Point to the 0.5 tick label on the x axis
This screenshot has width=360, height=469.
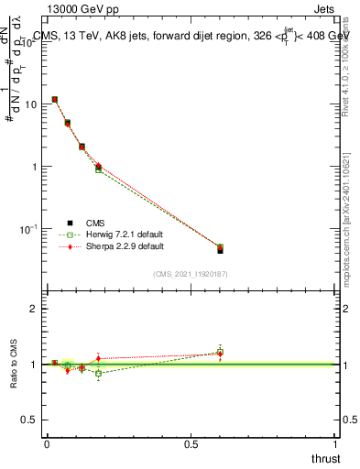coord(191,444)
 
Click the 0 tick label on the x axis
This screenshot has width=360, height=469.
coord(47,444)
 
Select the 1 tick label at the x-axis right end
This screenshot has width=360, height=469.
coord(335,444)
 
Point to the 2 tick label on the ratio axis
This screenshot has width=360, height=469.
coord(34,310)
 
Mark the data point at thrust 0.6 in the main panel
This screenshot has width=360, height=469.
coord(220,248)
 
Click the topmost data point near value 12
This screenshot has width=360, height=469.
coord(55,99)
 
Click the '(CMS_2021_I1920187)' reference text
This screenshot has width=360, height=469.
coord(190,274)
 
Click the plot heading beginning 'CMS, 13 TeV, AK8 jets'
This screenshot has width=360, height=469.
coord(192,36)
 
